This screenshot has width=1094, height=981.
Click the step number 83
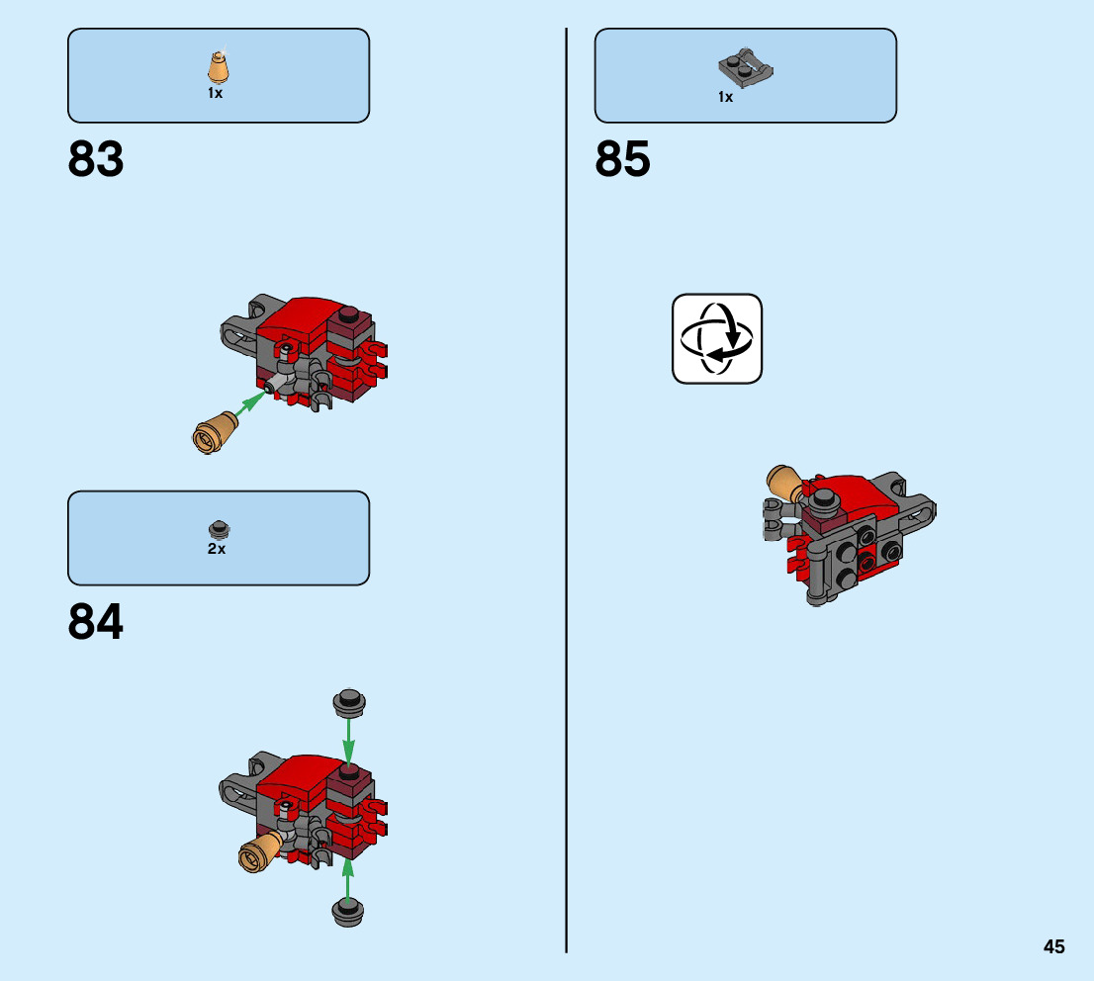(96, 159)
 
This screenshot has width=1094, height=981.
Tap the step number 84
(96, 622)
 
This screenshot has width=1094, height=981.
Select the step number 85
(623, 159)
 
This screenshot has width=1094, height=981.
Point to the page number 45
(1053, 946)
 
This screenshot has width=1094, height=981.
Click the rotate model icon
(717, 338)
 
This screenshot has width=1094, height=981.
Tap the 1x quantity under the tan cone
(215, 93)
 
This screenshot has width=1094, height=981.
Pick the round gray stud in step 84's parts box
(217, 528)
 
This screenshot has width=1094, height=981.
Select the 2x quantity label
(217, 549)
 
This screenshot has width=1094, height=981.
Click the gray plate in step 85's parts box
(744, 68)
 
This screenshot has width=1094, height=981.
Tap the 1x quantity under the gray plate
(726, 97)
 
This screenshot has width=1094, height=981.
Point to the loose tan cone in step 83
(215, 433)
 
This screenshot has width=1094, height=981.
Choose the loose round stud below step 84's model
(347, 911)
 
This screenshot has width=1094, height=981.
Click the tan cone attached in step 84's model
(259, 850)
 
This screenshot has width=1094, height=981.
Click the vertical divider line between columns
(567, 494)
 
